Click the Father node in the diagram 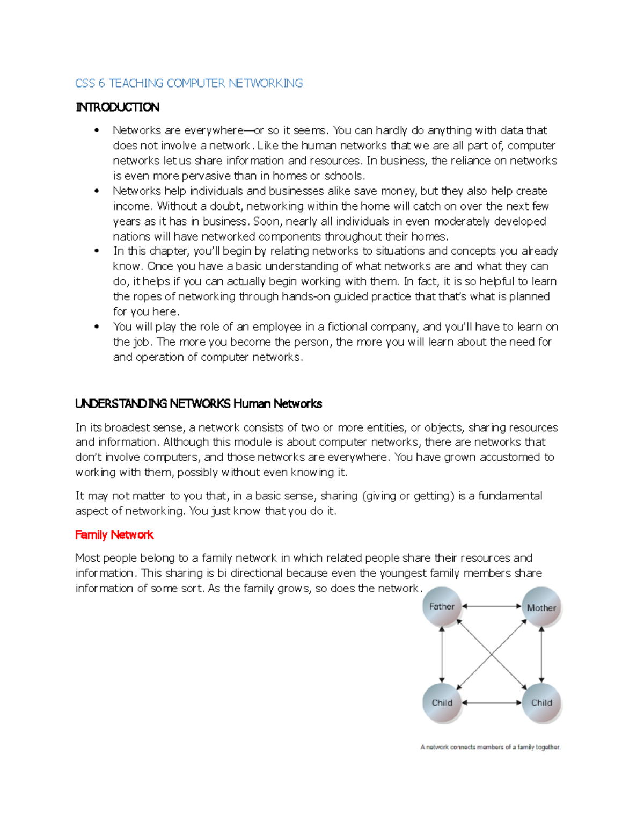[442, 607]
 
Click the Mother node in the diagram [541, 608]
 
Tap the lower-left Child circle [442, 702]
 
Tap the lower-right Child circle [541, 702]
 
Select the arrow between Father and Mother [492, 606]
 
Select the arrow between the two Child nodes [492, 702]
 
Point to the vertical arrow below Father [442, 655]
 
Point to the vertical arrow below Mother [541, 655]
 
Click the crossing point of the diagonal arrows [492, 655]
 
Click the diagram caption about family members [490, 747]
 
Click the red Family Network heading [114, 535]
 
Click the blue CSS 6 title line [189, 83]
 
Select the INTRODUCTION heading [118, 107]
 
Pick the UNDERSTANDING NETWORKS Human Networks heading [199, 404]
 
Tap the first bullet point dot [97, 130]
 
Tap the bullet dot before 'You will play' [97, 327]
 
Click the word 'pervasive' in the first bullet [206, 176]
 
